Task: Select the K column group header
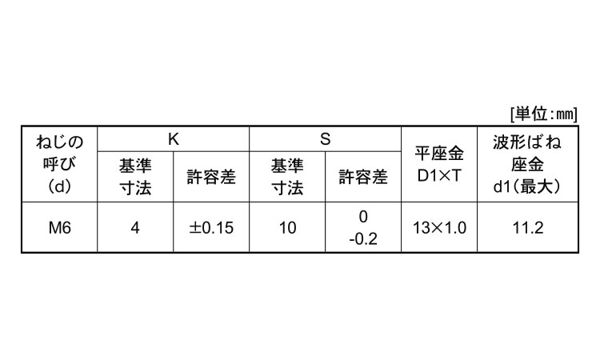pyautogui.click(x=173, y=138)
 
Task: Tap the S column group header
pyautogui.click(x=325, y=138)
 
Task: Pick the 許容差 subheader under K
pyautogui.click(x=211, y=177)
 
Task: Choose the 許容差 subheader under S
pyautogui.click(x=363, y=177)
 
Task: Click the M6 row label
pyautogui.click(x=59, y=228)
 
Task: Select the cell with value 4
pyautogui.click(x=134, y=228)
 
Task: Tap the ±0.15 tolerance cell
pyautogui.click(x=211, y=228)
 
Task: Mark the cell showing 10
pyautogui.click(x=287, y=228)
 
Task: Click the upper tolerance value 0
pyautogui.click(x=363, y=218)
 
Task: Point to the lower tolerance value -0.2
pyautogui.click(x=363, y=238)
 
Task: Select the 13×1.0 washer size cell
pyautogui.click(x=439, y=228)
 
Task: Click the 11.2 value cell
pyautogui.click(x=527, y=228)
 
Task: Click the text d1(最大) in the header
pyautogui.click(x=527, y=187)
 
